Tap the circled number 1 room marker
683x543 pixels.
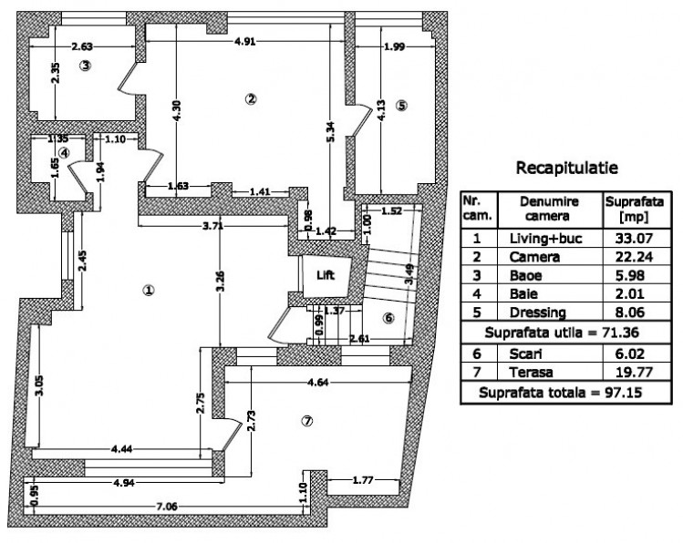(148, 291)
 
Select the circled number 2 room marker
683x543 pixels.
(252, 98)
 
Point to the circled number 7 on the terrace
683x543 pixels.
(306, 420)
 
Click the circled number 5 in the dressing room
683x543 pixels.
(402, 105)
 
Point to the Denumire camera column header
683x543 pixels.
(548, 209)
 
